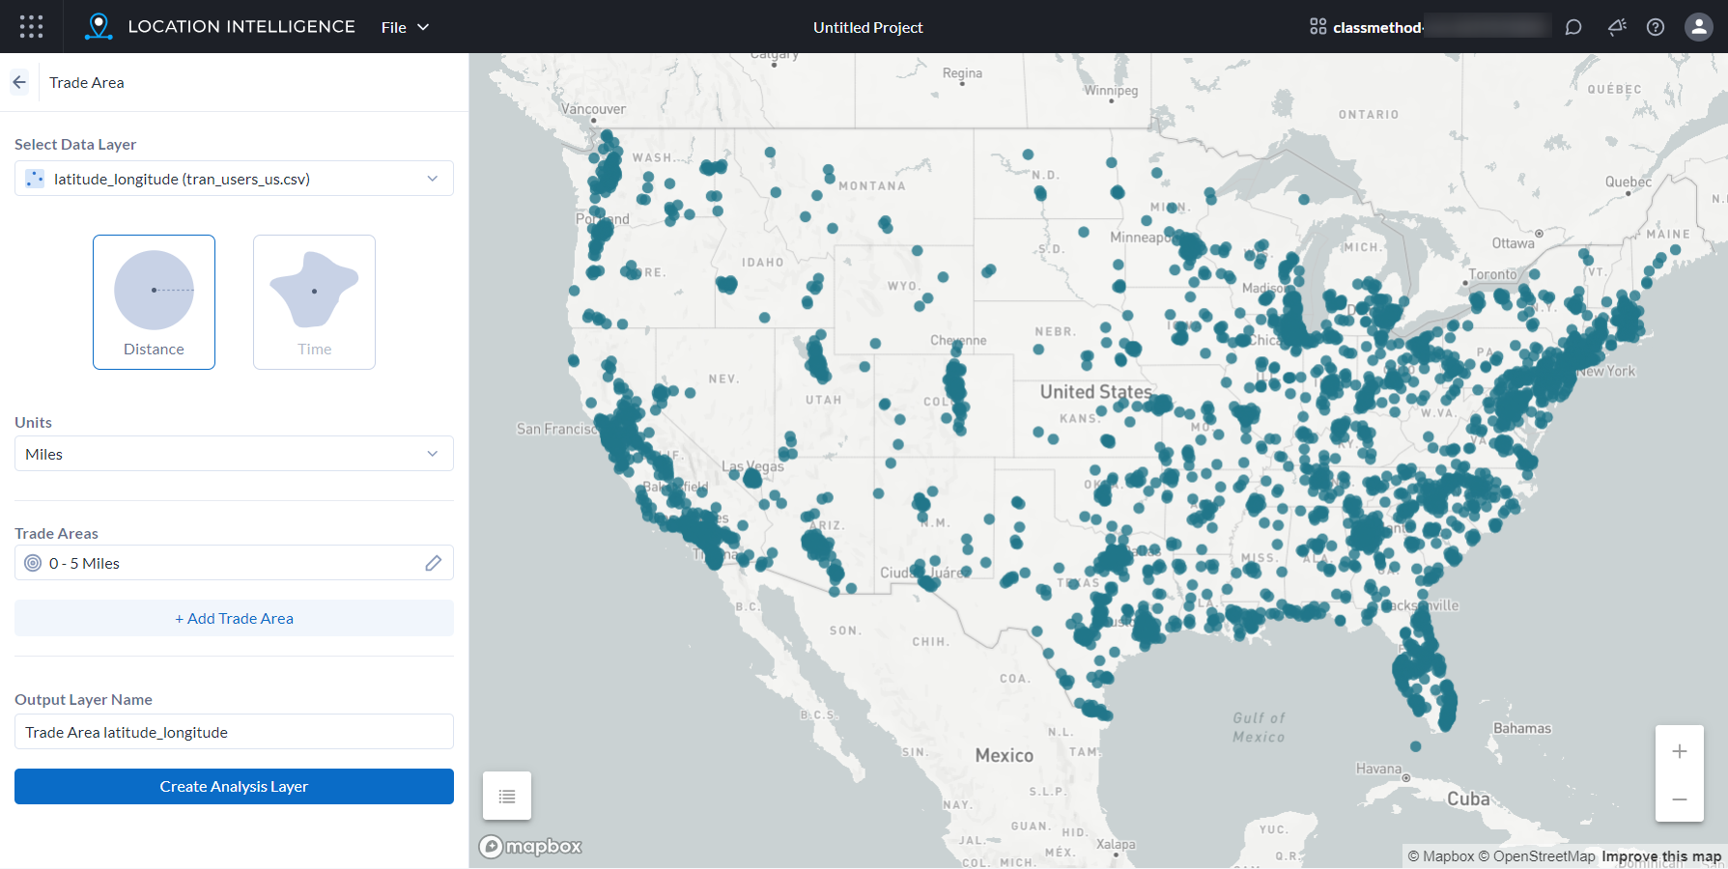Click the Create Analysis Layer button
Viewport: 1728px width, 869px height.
(234, 786)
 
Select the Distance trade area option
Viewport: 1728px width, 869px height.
(154, 301)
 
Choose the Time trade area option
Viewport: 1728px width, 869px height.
(314, 301)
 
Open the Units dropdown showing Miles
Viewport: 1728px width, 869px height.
(234, 454)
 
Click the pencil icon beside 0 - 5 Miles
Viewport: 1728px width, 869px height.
(434, 563)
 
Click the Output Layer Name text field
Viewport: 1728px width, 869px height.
(234, 732)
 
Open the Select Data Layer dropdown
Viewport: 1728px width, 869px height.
(234, 179)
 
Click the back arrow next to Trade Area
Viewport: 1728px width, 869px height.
(19, 82)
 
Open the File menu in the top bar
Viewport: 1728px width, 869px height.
(405, 27)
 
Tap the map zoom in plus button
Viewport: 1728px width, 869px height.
(1680, 751)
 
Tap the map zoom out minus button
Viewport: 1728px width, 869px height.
(1680, 799)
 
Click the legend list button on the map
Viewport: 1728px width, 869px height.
(507, 797)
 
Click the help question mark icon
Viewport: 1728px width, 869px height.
(1656, 27)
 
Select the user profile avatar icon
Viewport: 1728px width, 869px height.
(1698, 27)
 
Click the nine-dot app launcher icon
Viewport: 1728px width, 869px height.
(31, 26)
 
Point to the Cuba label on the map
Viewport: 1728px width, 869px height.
(1467, 799)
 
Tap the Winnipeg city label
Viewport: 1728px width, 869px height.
(1111, 91)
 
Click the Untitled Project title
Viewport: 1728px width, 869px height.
(867, 27)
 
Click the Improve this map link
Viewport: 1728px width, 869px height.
(1661, 856)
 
